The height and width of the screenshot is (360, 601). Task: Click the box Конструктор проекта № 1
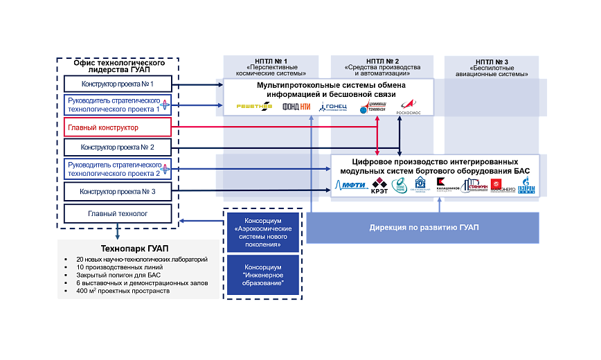[x=117, y=84]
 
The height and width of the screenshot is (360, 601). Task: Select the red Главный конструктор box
[x=117, y=127]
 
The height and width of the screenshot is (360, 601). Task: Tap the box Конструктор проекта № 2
[x=117, y=147]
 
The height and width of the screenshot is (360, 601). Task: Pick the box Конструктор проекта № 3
[x=117, y=192]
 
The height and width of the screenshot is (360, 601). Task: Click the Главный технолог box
[x=117, y=214]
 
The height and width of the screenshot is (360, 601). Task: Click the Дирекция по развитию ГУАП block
[x=423, y=228]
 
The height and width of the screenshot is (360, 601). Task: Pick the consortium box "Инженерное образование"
[x=262, y=275]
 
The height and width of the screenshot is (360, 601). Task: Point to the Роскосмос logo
[x=409, y=106]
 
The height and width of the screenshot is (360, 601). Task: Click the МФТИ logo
[x=351, y=185]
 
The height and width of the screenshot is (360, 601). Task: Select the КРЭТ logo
[x=379, y=185]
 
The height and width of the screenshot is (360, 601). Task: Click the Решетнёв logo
[x=254, y=107]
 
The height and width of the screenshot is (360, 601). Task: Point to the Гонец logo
[x=333, y=107]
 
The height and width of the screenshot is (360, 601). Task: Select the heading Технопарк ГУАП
[x=137, y=249]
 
